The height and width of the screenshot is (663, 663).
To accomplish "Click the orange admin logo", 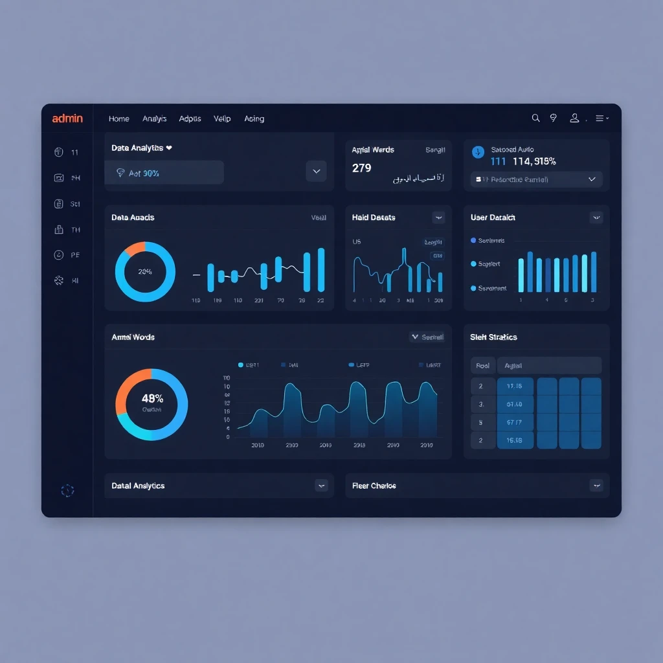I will tap(67, 118).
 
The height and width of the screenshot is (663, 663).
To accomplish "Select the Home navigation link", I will tap(119, 118).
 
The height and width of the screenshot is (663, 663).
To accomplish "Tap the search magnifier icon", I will tap(535, 118).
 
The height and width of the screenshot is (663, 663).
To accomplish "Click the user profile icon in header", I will tap(574, 118).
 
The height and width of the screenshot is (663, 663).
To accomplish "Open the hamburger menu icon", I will tap(600, 118).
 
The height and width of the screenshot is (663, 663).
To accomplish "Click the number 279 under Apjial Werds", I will tap(361, 168).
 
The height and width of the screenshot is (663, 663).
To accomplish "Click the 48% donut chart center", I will tap(152, 403).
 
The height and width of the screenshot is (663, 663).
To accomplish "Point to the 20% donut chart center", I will tap(145, 272).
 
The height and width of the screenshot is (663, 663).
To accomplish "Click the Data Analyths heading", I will tap(137, 148).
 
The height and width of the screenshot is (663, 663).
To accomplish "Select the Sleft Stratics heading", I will tap(493, 337).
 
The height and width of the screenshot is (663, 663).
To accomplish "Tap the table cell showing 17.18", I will tap(515, 387).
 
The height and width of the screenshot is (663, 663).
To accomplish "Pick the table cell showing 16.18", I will tap(515, 440).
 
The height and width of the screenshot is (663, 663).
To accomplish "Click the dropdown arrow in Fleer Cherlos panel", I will tap(596, 485).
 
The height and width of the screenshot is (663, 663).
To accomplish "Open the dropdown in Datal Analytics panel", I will tap(321, 485).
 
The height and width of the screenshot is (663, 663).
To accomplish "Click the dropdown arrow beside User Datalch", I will tap(596, 218).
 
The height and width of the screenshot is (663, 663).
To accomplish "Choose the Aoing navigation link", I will tap(254, 118).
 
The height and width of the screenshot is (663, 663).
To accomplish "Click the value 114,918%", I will tap(534, 161).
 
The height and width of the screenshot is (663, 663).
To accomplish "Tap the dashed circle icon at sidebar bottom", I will tap(67, 491).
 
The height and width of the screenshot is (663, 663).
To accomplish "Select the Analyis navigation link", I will tap(155, 118).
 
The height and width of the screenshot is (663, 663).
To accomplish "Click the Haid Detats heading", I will tap(374, 218).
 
